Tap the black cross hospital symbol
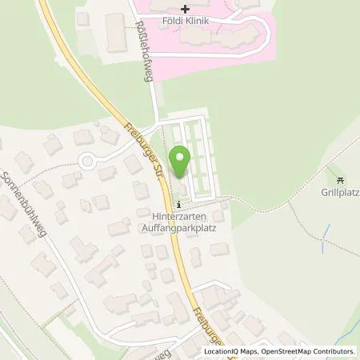pyautogui.click(x=186, y=8)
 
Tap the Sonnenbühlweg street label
pyautogui.click(x=26, y=201)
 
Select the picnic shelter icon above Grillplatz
pyautogui.click(x=340, y=180)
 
